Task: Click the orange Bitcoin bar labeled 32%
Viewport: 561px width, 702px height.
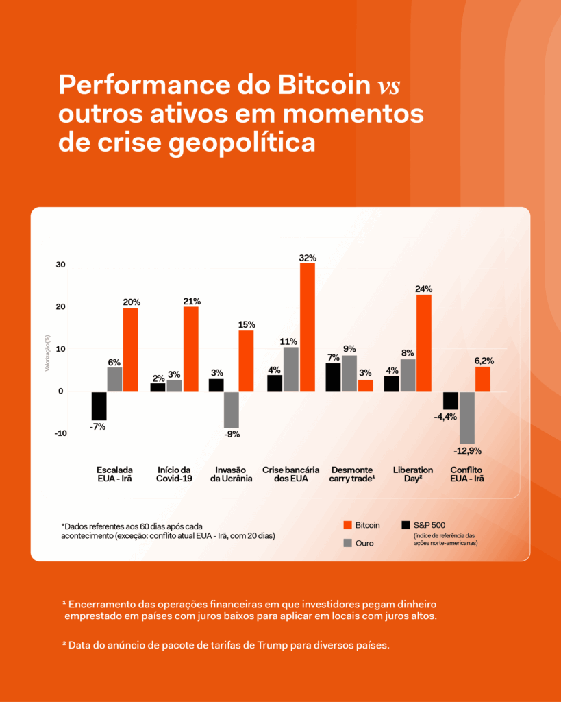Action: click(x=307, y=327)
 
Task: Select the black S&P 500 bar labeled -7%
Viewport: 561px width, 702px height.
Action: click(x=99, y=406)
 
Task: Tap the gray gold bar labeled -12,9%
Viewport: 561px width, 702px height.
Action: click(x=466, y=417)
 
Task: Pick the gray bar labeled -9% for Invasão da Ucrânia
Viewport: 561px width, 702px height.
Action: click(x=231, y=409)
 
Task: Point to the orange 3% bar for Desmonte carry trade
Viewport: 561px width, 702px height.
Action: click(x=365, y=385)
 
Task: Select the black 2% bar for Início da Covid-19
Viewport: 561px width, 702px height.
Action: click(x=158, y=387)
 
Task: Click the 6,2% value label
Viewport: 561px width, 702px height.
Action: click(x=483, y=361)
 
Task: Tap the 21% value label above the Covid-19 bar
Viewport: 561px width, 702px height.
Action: click(x=191, y=301)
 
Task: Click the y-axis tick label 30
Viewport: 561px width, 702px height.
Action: click(x=60, y=265)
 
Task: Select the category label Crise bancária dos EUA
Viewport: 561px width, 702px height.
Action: click(x=290, y=474)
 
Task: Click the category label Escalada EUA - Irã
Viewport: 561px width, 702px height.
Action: click(x=114, y=474)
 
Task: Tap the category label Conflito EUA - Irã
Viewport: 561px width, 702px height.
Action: click(x=467, y=474)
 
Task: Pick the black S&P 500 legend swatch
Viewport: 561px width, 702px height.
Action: click(x=406, y=525)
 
